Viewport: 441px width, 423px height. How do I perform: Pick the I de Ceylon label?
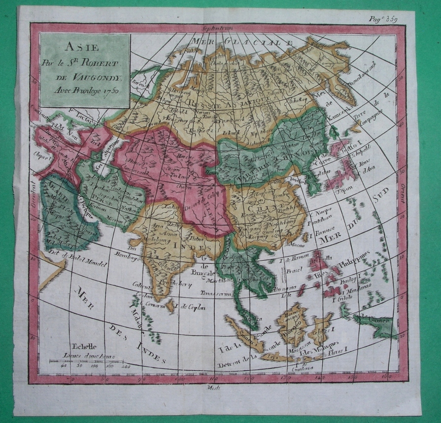190,307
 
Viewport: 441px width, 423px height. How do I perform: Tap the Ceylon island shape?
170,306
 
